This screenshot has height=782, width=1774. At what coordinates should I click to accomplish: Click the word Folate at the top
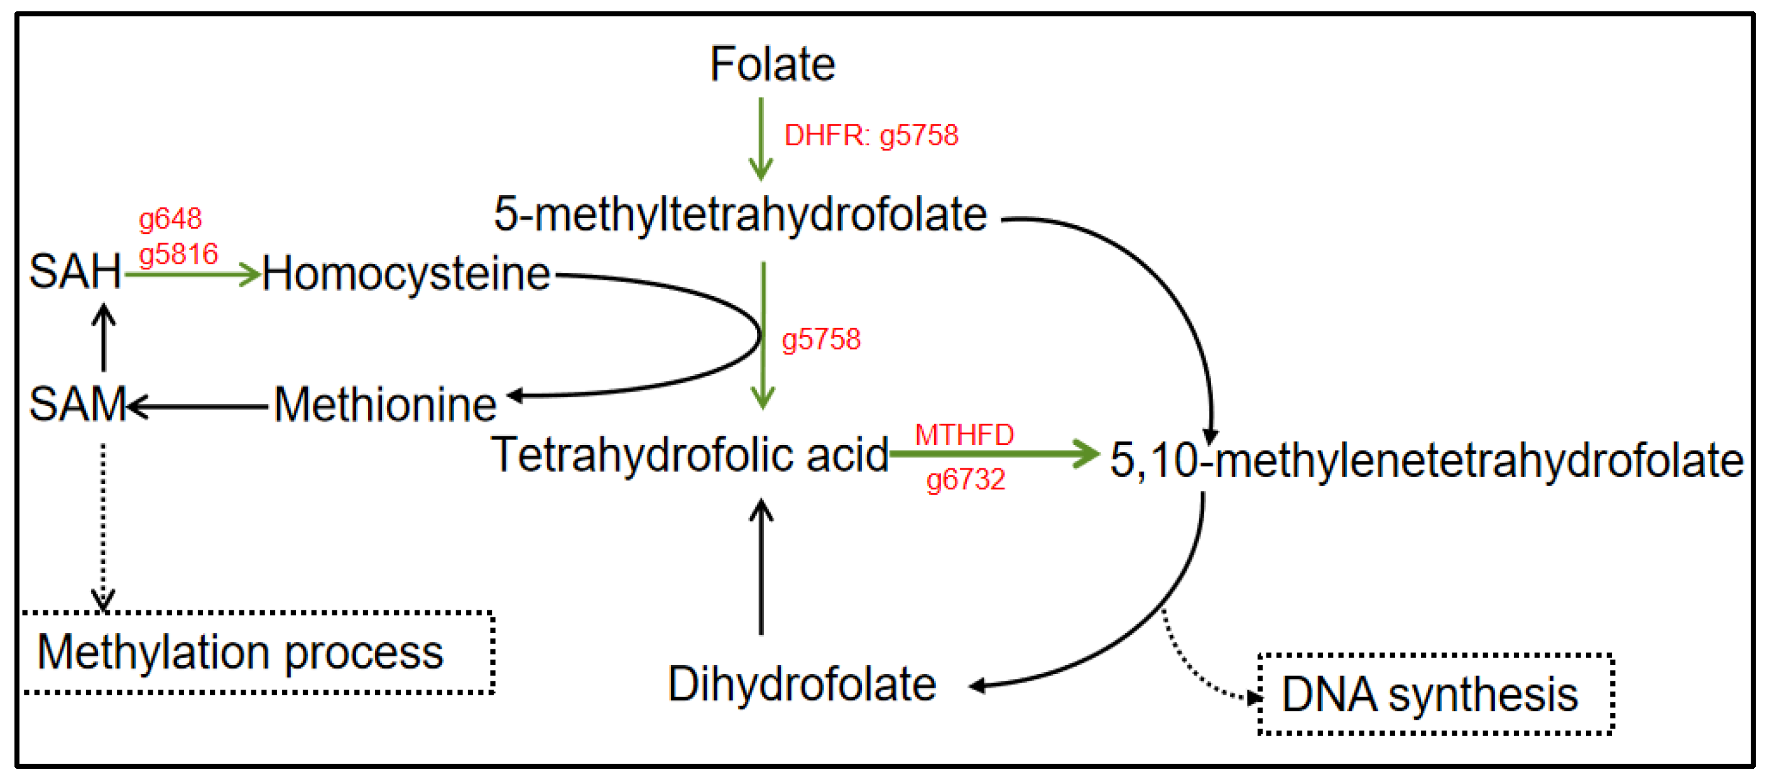pyautogui.click(x=772, y=64)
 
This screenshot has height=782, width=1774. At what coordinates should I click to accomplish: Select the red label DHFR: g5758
pyautogui.click(x=871, y=135)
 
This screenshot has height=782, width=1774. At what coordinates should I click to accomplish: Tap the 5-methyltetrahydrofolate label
pyautogui.click(x=740, y=214)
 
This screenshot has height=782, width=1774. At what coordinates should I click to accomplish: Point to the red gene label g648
pyautogui.click(x=170, y=219)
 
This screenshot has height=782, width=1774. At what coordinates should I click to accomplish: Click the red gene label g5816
pyautogui.click(x=178, y=254)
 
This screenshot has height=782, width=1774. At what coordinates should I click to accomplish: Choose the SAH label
pyautogui.click(x=75, y=272)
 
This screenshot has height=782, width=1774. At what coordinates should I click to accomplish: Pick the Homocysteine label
pyautogui.click(x=406, y=274)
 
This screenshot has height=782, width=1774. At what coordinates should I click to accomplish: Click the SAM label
pyautogui.click(x=77, y=404)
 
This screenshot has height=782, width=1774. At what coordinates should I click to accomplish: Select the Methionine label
pyautogui.click(x=385, y=404)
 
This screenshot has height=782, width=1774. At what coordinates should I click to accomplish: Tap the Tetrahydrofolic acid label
pyautogui.click(x=689, y=454)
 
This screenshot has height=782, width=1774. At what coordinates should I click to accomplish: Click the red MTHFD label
pyautogui.click(x=964, y=435)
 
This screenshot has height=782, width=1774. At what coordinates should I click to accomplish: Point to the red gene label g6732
pyautogui.click(x=966, y=479)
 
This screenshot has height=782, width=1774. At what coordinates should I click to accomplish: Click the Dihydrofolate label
pyautogui.click(x=802, y=684)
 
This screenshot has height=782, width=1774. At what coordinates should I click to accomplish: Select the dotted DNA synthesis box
pyautogui.click(x=1436, y=694)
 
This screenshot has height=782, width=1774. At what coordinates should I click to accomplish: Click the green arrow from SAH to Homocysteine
pyautogui.click(x=192, y=274)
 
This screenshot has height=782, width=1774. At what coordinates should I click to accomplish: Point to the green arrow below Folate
pyautogui.click(x=761, y=138)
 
